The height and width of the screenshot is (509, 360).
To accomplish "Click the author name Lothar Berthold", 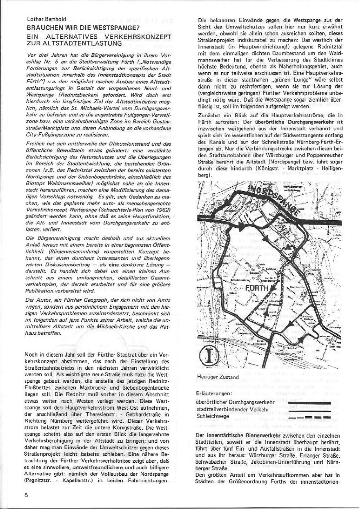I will [x=46, y=19].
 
